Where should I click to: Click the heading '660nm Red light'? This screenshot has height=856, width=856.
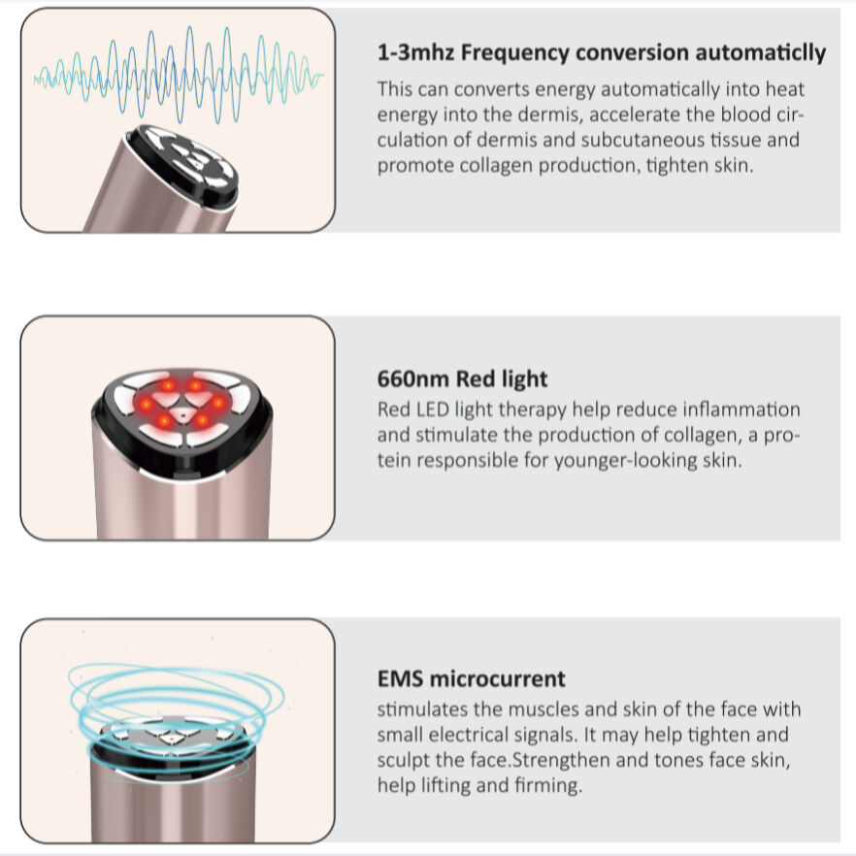tap(462, 379)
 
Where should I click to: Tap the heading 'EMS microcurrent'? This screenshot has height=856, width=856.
tap(471, 678)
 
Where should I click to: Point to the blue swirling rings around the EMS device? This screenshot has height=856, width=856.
tap(175, 699)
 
